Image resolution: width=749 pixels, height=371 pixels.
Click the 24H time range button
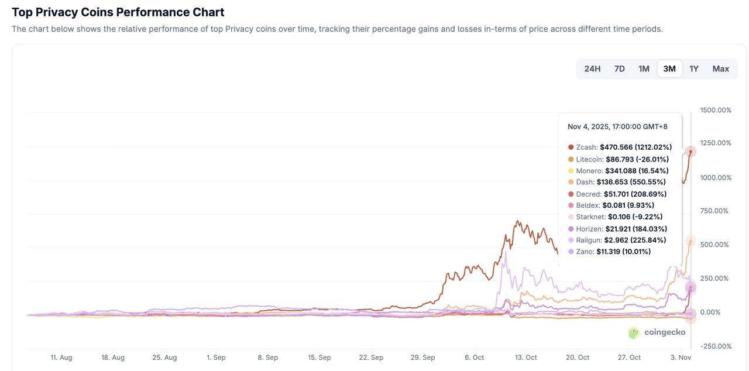click(x=592, y=69)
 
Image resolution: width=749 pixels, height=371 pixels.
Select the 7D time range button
click(x=619, y=69)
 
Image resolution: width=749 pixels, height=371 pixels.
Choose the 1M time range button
click(x=644, y=69)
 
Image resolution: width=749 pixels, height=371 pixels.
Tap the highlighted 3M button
click(x=669, y=69)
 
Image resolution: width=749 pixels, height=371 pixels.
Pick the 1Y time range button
click(x=694, y=69)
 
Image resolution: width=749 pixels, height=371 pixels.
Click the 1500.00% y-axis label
click(x=716, y=110)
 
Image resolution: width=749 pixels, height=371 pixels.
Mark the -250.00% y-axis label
click(x=716, y=346)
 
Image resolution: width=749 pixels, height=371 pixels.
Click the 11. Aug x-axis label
click(x=61, y=358)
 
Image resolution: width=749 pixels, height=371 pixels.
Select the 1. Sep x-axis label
click(x=216, y=358)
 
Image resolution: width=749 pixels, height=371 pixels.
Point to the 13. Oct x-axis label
click(x=526, y=358)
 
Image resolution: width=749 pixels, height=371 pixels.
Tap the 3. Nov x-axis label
click(x=681, y=358)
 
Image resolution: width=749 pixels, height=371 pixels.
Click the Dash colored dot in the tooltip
click(x=571, y=182)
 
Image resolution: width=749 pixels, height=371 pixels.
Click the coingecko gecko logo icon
click(x=634, y=332)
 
